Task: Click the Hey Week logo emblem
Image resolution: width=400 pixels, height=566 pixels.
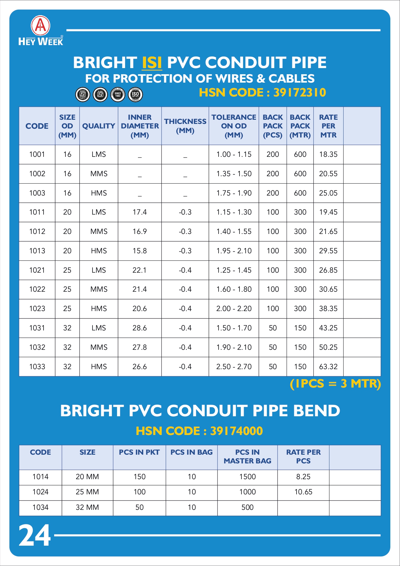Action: click(x=41, y=25)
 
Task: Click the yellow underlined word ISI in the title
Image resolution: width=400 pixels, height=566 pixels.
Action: click(x=152, y=63)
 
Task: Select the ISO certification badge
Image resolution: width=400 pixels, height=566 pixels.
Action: click(x=135, y=95)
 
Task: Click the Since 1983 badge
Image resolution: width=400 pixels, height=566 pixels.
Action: click(x=118, y=95)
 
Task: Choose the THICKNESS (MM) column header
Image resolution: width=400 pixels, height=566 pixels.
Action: click(x=185, y=126)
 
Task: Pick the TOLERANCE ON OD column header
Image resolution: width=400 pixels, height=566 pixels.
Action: click(x=234, y=126)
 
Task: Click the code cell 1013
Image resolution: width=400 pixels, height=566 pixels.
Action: click(x=37, y=251)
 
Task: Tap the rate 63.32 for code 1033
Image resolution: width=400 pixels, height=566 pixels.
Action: click(x=328, y=367)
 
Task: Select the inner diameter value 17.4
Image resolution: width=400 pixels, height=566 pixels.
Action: click(x=140, y=212)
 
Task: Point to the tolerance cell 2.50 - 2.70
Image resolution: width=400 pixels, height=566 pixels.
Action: click(x=234, y=367)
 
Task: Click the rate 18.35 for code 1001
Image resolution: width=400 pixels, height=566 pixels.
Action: click(x=328, y=154)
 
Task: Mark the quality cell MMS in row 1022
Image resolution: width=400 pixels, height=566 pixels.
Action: click(x=99, y=289)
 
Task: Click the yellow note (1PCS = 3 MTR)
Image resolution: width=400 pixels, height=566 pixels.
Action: click(x=335, y=384)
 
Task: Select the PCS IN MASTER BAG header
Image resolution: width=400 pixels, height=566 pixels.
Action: click(x=247, y=457)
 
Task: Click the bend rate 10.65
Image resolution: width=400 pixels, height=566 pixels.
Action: click(x=303, y=492)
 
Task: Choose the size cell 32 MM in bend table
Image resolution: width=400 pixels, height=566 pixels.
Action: click(x=87, y=507)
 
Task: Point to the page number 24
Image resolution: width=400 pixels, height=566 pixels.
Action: click(x=34, y=535)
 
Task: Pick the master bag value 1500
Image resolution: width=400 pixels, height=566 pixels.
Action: click(x=247, y=477)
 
